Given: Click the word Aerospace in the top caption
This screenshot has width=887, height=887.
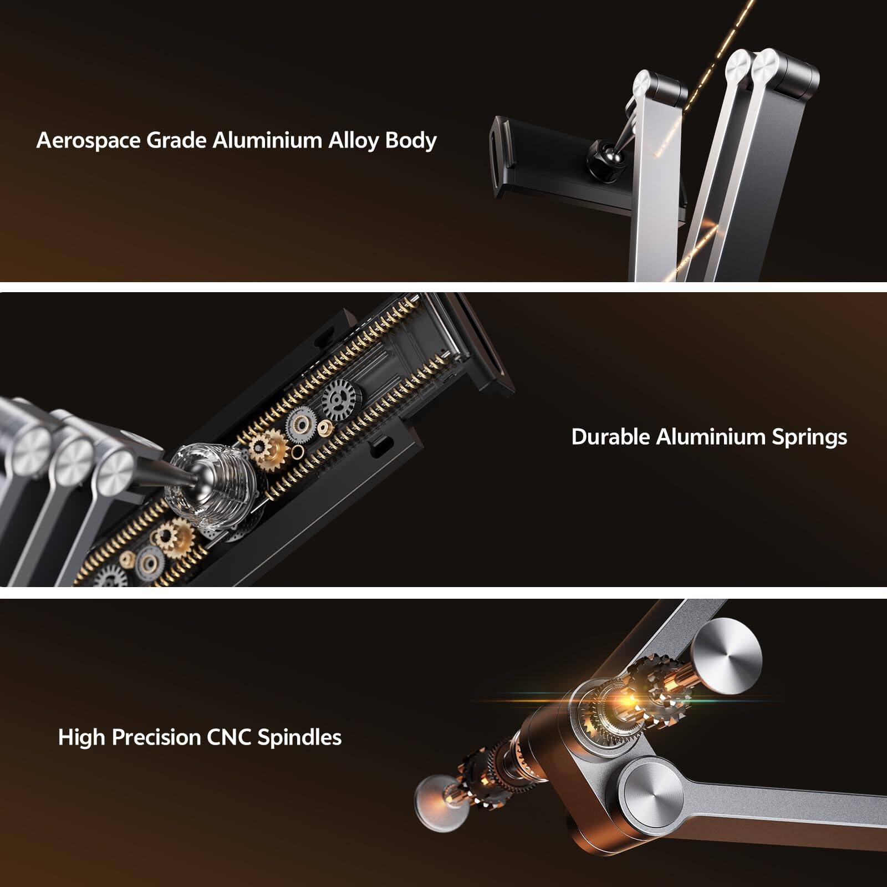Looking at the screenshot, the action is pos(88,141).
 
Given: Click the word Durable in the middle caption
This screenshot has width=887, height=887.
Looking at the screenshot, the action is pos(610,437).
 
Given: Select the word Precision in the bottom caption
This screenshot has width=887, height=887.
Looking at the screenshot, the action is pos(156,738).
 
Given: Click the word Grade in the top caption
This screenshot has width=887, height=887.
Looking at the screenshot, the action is pos(176,141).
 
